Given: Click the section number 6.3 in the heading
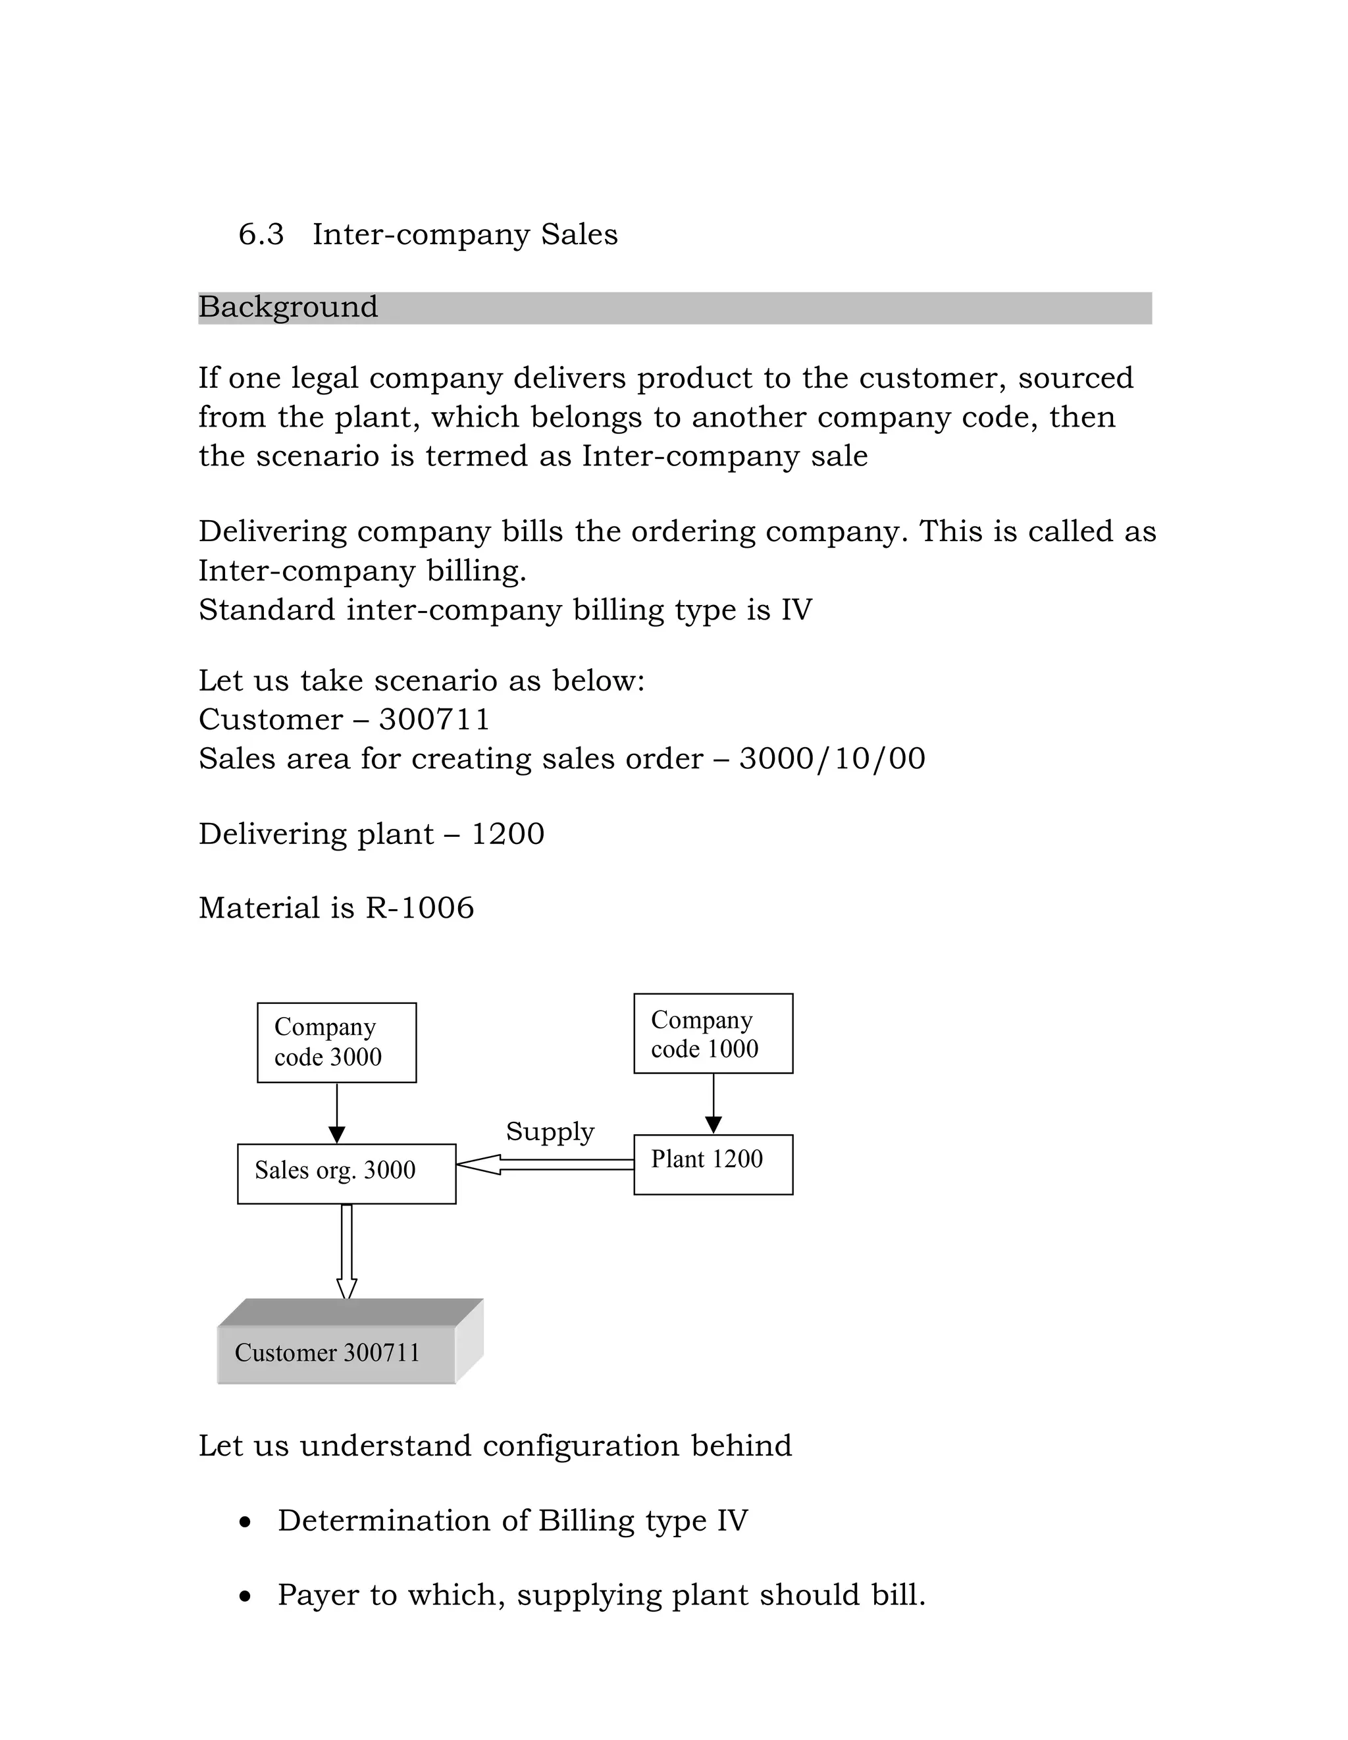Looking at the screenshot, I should (x=261, y=235).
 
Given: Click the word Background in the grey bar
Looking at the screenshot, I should (x=288, y=307).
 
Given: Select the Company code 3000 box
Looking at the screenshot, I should (x=336, y=1042).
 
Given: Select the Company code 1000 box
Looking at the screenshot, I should (x=713, y=1034).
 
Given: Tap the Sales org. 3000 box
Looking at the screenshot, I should (x=347, y=1174).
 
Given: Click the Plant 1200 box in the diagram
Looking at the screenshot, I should (x=713, y=1164).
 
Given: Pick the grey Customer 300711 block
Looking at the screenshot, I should (x=337, y=1353).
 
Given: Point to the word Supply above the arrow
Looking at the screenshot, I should (x=550, y=1131).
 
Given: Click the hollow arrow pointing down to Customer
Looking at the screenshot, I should (x=347, y=1252).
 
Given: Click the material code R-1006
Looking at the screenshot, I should (x=420, y=909).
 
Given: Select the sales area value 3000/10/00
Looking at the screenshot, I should (x=832, y=758).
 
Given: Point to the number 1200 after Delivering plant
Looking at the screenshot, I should (x=507, y=834).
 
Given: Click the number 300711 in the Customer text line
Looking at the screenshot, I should (x=434, y=720).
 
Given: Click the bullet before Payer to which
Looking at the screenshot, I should (x=246, y=1596).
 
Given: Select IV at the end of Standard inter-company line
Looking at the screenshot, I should (x=796, y=610).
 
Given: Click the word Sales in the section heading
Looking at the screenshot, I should (x=579, y=235).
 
